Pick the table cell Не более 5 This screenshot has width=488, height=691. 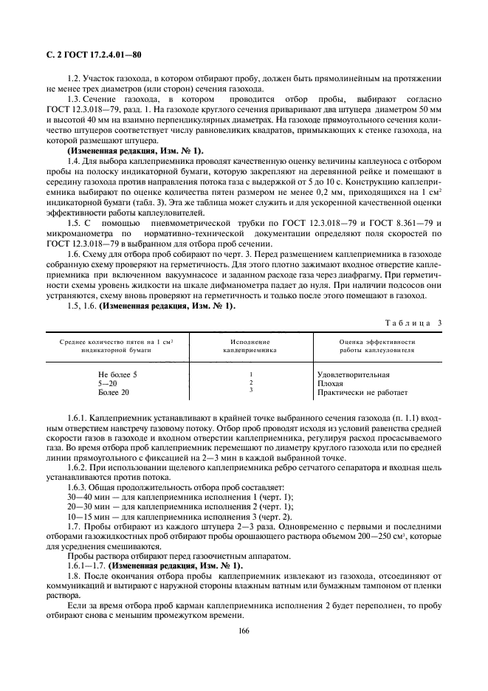coord(117,374)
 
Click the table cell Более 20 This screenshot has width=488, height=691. coord(114,392)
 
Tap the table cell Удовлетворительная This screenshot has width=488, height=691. coord(352,374)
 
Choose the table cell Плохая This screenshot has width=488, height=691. coord(329,383)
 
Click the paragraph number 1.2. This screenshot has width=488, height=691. coord(73,78)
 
